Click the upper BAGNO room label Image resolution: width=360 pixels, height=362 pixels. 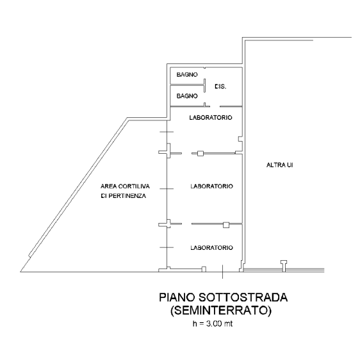[187, 74]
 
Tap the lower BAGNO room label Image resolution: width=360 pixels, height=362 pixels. [187, 96]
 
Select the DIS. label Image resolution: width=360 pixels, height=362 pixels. [220, 86]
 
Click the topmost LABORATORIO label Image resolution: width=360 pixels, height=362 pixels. [211, 117]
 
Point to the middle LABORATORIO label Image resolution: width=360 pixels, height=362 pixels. [211, 186]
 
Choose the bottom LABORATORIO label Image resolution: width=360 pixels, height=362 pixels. [211, 248]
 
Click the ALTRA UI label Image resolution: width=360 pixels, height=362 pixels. [280, 165]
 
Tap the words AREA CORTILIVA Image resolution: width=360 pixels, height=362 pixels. [125, 186]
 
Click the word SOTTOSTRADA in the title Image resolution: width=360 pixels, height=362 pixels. [243, 297]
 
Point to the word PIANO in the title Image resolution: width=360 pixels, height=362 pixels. [177, 297]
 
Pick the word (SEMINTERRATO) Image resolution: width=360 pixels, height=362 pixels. [221, 310]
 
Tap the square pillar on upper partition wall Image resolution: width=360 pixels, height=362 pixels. [200, 153]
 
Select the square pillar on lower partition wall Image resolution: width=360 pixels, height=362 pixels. [226, 225]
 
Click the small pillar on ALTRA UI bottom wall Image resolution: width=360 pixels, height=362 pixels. [284, 265]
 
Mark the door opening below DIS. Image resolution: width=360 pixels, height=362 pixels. [215, 106]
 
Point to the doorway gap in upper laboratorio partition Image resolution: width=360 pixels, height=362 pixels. [186, 153]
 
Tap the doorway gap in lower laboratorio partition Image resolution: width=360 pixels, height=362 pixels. [186, 224]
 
